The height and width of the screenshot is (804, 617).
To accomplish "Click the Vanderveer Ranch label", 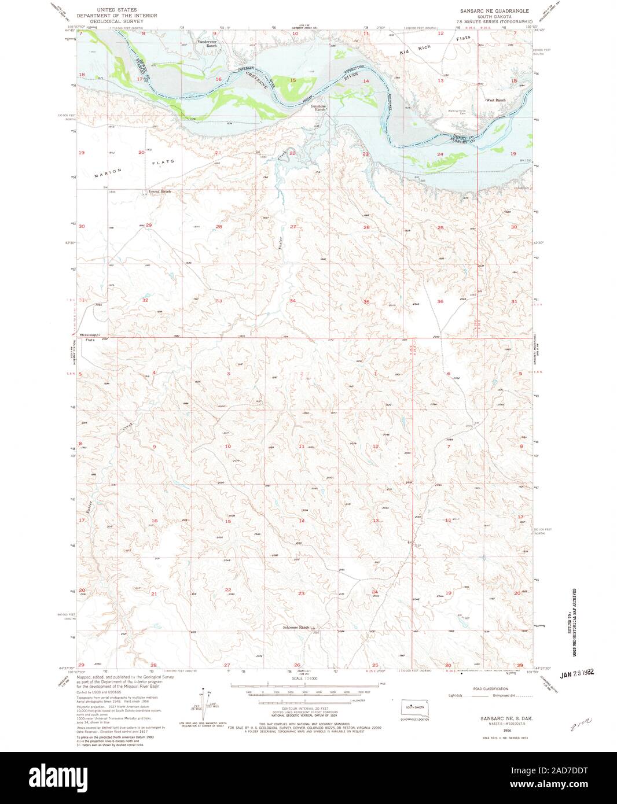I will (x=207, y=43).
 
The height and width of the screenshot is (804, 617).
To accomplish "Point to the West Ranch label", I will (x=495, y=100).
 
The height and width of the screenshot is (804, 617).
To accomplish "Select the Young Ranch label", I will (x=160, y=191).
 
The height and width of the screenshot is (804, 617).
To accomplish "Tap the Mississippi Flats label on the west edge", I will (x=90, y=337).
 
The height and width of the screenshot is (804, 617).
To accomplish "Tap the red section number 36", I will (x=440, y=301).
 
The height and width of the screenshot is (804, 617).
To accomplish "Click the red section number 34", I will (x=293, y=301).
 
